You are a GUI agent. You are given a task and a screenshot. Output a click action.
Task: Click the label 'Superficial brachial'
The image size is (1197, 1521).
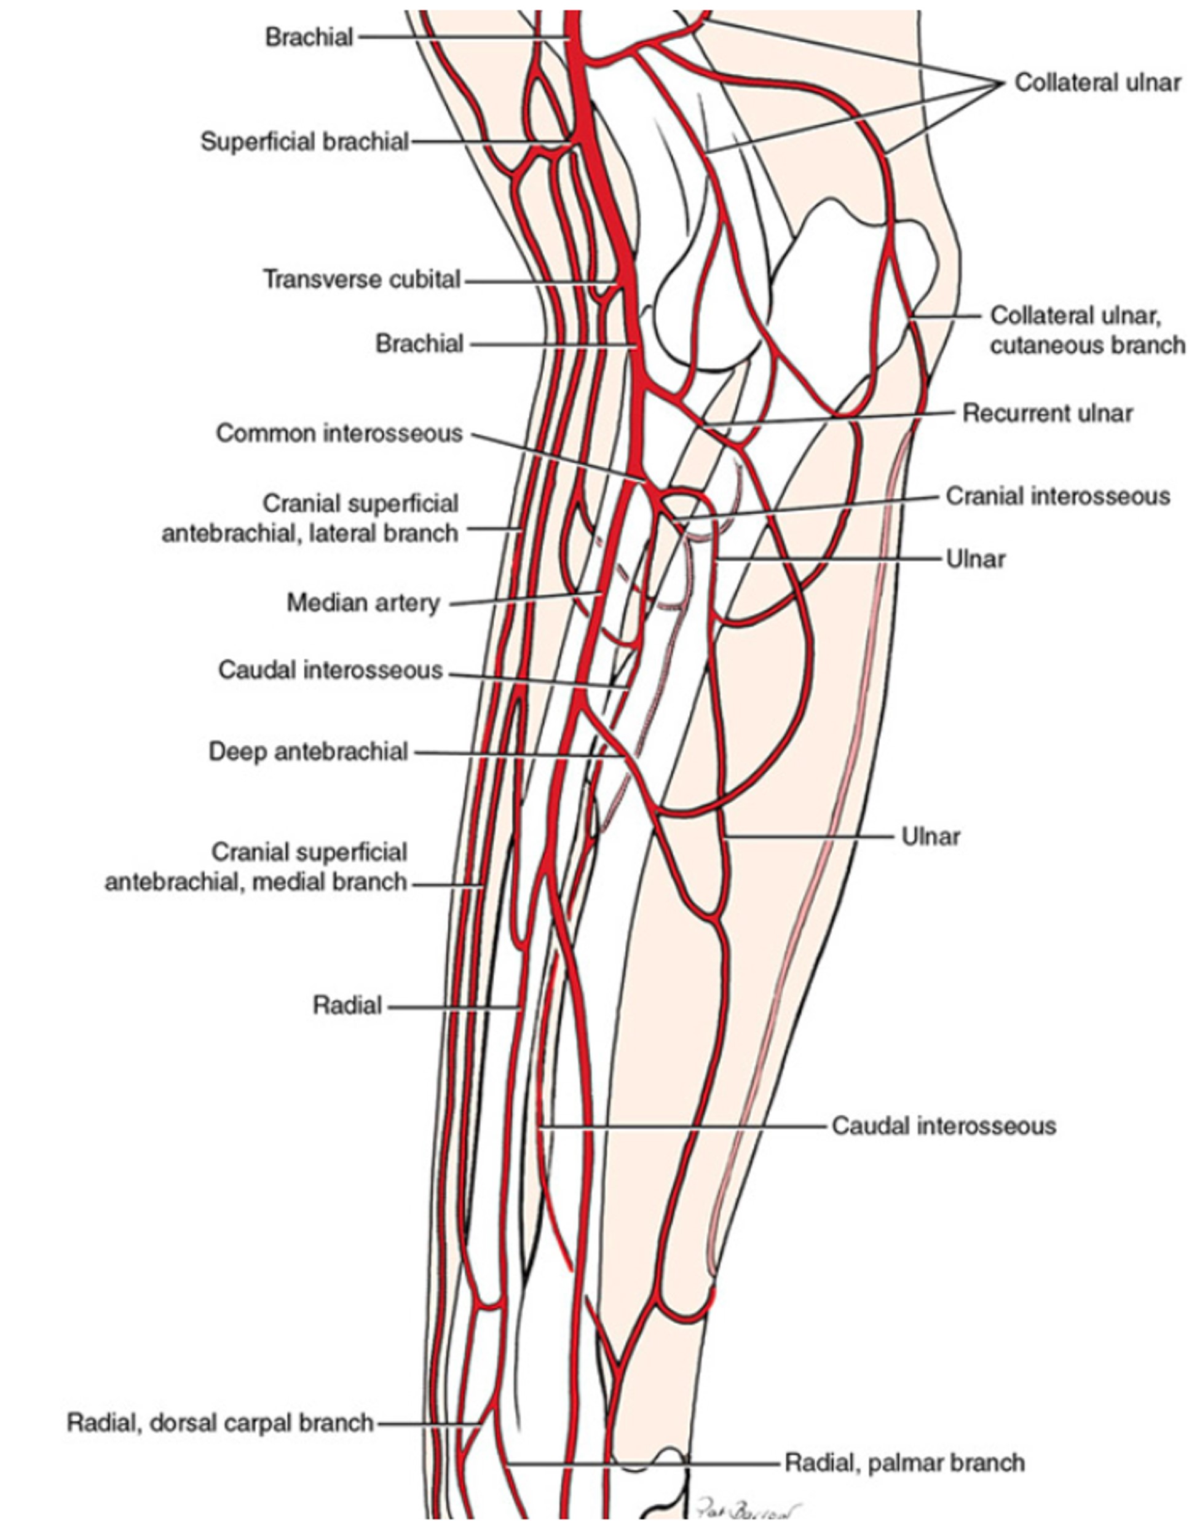point(304,141)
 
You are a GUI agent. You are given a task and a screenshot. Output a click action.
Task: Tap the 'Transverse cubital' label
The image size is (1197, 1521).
point(361,280)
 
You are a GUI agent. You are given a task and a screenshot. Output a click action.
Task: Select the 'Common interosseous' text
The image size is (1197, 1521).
point(339,433)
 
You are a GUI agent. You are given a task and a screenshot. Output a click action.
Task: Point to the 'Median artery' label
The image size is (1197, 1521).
point(363,602)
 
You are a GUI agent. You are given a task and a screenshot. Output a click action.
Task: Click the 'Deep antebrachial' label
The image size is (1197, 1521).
point(309,752)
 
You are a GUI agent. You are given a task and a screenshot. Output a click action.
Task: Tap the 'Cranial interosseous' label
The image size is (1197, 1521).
point(1057,496)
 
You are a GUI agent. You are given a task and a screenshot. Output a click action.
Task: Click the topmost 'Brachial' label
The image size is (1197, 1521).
point(309,37)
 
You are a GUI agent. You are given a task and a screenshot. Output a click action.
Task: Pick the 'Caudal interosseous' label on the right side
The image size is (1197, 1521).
point(943,1125)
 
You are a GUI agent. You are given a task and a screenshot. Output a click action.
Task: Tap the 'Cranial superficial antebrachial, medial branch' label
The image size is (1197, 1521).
point(256,867)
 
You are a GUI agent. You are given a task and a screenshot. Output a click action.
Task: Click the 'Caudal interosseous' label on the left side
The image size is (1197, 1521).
point(331,670)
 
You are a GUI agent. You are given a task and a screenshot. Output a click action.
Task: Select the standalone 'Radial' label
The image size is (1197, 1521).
point(347,1005)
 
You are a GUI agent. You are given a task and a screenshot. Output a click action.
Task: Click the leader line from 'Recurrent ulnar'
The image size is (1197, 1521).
point(827,419)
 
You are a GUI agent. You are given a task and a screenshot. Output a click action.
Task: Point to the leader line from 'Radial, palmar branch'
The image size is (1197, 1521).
point(645,1464)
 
